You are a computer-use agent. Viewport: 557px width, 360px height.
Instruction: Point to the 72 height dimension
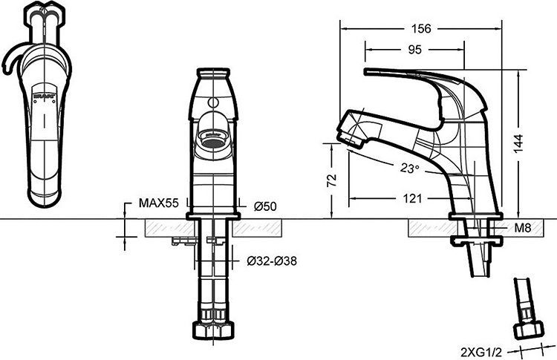point(332,180)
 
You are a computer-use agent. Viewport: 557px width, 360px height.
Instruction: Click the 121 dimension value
point(414,198)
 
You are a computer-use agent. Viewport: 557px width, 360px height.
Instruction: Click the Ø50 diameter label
point(265,206)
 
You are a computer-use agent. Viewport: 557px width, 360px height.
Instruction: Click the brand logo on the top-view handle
point(45,94)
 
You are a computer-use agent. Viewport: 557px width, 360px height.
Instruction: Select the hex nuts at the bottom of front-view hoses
point(215,330)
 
